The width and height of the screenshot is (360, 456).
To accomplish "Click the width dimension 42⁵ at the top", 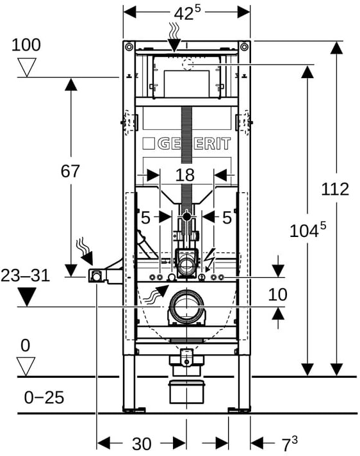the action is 187,13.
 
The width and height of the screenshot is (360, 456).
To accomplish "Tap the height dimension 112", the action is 335,190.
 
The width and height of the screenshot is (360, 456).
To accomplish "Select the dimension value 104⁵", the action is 307,230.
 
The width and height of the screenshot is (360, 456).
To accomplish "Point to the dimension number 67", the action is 70,171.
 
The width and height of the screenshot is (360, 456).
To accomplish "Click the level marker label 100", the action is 26,45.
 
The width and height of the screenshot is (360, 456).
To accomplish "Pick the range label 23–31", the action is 25,275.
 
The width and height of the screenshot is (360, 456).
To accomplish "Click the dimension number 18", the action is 185,175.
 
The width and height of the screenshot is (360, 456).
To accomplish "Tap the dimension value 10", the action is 277,295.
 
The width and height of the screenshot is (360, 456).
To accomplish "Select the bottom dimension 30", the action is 142,444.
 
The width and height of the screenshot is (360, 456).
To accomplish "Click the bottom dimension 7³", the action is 290,443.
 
